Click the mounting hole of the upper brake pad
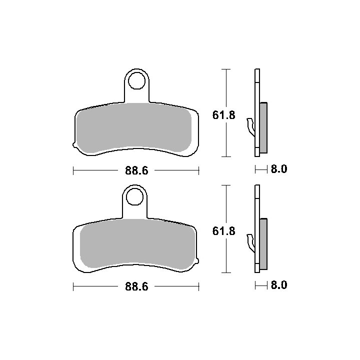tap(136, 81)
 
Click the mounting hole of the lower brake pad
tap(134, 197)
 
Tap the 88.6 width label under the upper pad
tap(136, 170)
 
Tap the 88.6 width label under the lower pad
tap(136, 286)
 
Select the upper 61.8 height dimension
tap(224, 115)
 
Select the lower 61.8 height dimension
tap(224, 231)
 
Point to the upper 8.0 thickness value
tap(279, 169)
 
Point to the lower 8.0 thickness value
tap(279, 285)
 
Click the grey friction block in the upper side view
tap(263, 127)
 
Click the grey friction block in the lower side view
tap(263, 244)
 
